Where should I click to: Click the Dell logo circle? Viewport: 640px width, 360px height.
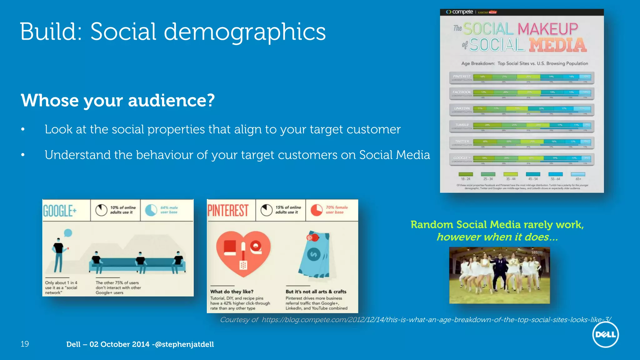pos(605,335)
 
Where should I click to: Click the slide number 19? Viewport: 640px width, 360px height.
pos(25,344)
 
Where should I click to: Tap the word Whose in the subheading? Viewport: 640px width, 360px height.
pos(50,101)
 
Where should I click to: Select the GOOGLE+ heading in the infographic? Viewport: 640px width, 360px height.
pos(60,211)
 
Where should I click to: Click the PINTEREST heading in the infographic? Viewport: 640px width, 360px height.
pos(228,210)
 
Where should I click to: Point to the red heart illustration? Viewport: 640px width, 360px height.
pos(243,253)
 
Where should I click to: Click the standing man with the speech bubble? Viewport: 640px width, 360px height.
pos(58,255)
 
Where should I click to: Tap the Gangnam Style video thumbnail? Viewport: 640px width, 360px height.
pos(499,275)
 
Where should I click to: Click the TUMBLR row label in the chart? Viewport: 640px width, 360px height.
pos(462,125)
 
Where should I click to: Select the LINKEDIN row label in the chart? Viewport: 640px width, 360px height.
pos(462,108)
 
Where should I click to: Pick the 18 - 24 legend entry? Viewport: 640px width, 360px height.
pos(466,177)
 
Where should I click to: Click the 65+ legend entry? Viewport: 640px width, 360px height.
pos(578,177)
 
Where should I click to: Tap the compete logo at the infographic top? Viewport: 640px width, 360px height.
pos(460,12)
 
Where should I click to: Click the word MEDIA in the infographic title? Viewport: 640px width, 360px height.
pos(558,45)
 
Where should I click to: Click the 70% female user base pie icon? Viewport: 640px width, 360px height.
pos(316,210)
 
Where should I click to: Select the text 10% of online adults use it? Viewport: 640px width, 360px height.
pos(123,210)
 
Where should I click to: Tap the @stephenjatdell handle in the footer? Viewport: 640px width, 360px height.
pos(184,344)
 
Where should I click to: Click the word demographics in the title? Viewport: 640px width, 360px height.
pos(245,32)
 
